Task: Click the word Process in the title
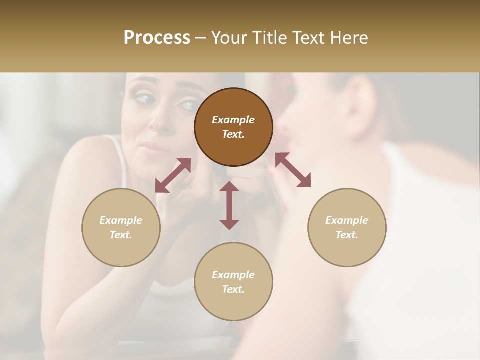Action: point(157,38)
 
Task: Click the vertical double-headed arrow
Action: point(229,205)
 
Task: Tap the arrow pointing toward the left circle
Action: point(173,175)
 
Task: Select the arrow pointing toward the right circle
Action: point(293,170)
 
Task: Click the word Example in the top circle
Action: point(233,120)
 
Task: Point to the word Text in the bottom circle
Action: point(233,289)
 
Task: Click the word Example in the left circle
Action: point(121,220)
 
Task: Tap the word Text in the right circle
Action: point(347,235)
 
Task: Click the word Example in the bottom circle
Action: point(233,275)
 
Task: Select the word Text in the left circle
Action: point(121,235)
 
